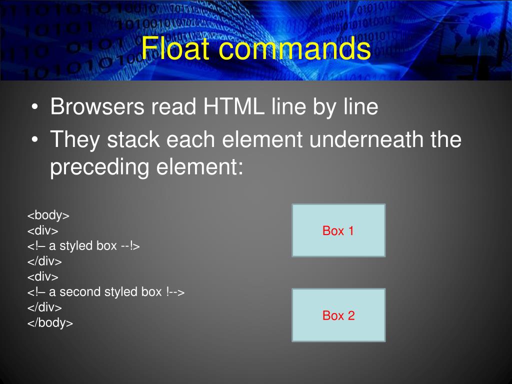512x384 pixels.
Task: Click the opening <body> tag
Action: click(48, 215)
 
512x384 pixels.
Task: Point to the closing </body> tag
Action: click(50, 323)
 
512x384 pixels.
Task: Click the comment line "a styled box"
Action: click(83, 246)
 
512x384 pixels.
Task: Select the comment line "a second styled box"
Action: click(106, 292)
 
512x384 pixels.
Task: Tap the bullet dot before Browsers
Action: click(34, 108)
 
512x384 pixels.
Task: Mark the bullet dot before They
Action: click(34, 140)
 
